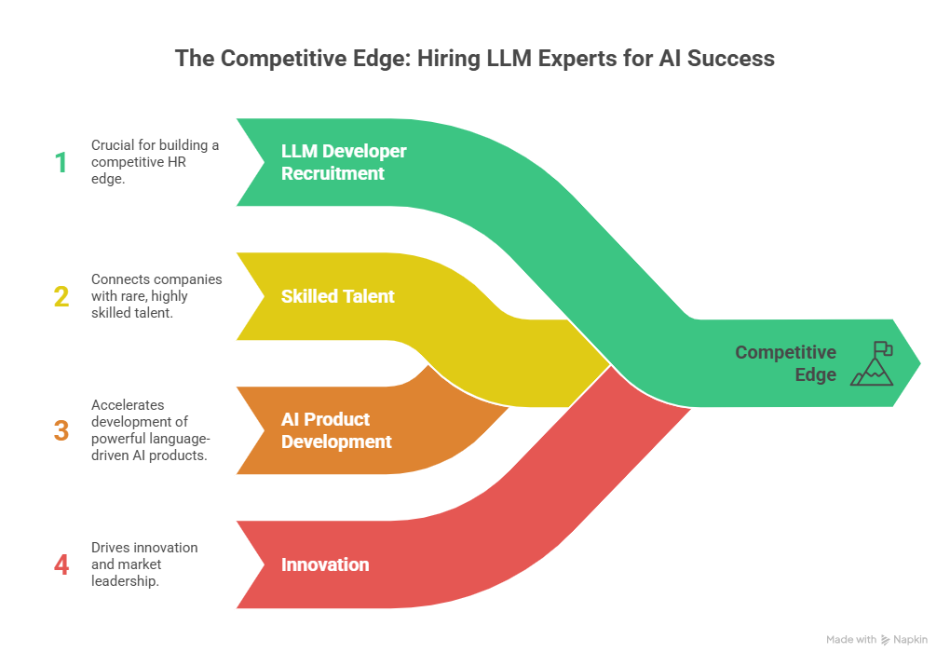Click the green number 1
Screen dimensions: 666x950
tap(61, 163)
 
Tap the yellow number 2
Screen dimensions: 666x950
tap(61, 296)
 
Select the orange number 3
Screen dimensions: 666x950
tap(61, 430)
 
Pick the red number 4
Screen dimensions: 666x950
tap(61, 564)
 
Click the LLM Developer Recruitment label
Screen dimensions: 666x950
tap(344, 162)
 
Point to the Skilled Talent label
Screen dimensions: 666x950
tap(338, 296)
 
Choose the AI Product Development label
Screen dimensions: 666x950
tap(336, 430)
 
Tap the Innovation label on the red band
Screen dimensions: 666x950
tap(325, 564)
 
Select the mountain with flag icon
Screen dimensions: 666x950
tap(871, 364)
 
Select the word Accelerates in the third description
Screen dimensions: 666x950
tap(128, 405)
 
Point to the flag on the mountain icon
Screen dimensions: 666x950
tap(882, 350)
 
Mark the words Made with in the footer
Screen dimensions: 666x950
tap(850, 640)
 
